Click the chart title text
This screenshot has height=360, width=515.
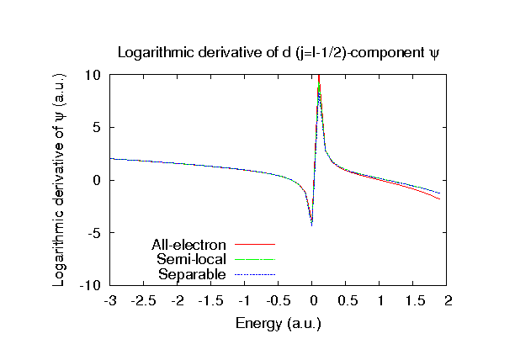[279, 52]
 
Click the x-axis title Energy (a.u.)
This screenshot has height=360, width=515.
[279, 323]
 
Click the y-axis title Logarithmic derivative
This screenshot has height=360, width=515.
[60, 179]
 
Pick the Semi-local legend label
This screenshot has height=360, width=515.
[191, 260]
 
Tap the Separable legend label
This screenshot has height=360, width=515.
[193, 274]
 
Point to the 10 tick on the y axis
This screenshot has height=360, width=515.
[93, 75]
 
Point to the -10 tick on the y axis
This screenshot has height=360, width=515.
[90, 286]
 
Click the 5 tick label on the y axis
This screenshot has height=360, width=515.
[97, 128]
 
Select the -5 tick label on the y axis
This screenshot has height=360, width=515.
[94, 233]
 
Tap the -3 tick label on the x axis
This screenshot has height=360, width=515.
[110, 300]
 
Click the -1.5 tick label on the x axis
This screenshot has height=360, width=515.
[211, 300]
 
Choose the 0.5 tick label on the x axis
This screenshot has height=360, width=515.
[346, 300]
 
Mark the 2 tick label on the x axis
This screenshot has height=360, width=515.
[448, 300]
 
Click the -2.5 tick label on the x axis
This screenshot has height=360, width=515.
[144, 300]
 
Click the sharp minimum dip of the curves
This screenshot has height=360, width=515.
[311, 225]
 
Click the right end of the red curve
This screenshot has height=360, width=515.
[440, 199]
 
